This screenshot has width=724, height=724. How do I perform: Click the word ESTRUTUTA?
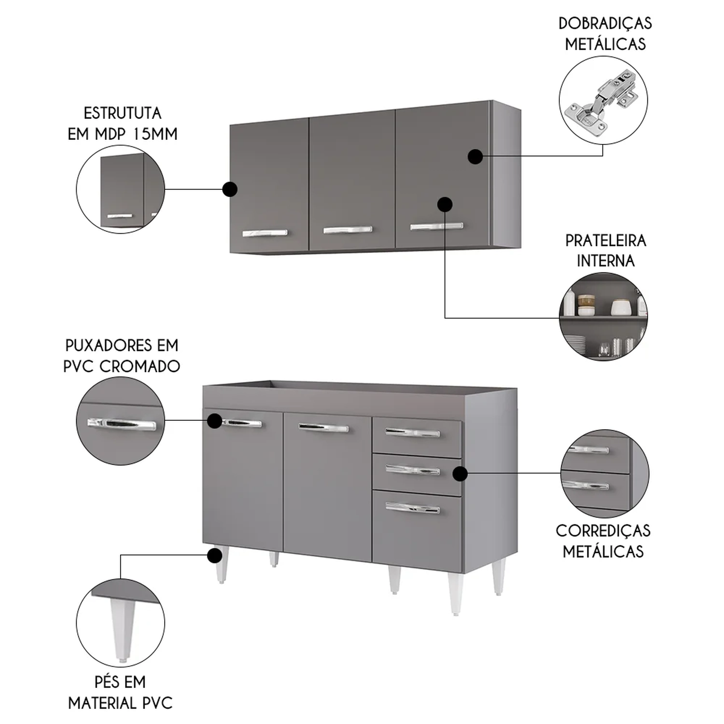[122, 113]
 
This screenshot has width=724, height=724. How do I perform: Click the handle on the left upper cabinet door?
[265, 233]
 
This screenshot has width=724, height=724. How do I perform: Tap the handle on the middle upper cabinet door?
[348, 230]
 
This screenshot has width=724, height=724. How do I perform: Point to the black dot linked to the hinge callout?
[475, 156]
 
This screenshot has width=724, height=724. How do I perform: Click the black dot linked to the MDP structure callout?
[230, 189]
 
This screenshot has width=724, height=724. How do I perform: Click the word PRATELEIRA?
[605, 240]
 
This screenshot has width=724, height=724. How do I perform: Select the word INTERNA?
[605, 261]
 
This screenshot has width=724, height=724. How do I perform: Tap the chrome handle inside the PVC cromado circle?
[122, 425]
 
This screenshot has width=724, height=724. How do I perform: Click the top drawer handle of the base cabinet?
[413, 432]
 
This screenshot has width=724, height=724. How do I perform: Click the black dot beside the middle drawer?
[460, 473]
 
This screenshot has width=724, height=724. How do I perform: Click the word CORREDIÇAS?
[603, 531]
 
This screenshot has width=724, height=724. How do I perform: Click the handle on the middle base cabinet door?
[323, 428]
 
